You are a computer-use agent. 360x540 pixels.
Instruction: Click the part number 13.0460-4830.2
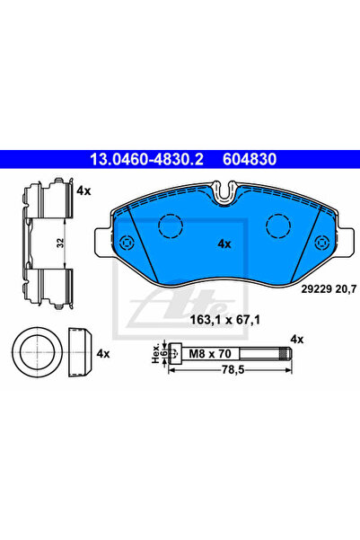146,159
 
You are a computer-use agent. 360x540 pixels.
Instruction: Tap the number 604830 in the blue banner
250,159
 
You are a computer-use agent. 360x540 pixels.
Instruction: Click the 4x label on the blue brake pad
224,244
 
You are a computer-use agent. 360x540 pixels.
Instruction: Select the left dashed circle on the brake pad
171,226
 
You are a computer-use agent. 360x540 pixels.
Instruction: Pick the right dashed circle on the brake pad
278,226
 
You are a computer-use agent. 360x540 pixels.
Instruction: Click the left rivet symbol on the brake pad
127,243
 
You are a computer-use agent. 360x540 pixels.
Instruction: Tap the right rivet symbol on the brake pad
322,243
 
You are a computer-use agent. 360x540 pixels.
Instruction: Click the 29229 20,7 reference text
329,289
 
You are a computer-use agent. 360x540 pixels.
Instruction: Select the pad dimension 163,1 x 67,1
225,320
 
